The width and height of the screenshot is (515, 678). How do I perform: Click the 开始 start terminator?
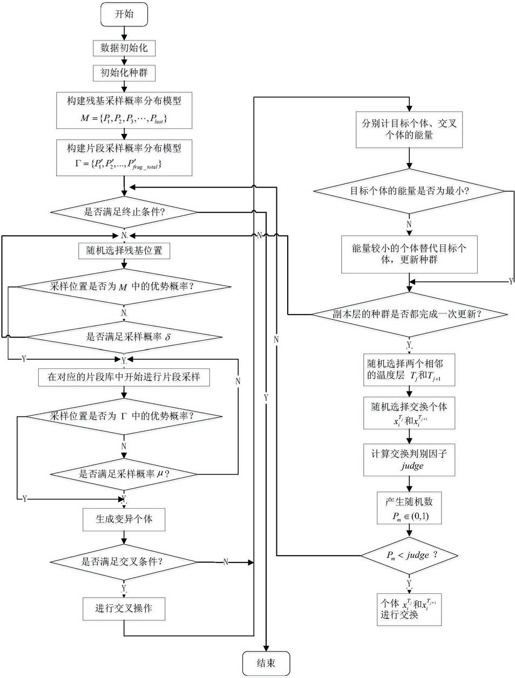point(124,14)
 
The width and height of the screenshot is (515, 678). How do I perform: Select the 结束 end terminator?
point(266,663)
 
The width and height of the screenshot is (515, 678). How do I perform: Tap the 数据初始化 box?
point(124,48)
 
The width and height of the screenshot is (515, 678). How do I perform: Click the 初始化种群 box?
point(124,73)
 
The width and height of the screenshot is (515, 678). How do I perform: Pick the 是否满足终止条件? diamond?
point(124,212)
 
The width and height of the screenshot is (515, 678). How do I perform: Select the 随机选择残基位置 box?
point(124,250)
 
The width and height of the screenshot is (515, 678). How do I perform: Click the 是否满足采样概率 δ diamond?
point(124,337)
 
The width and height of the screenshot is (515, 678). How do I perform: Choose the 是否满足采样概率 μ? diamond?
point(124,474)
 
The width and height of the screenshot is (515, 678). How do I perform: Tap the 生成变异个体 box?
point(124,519)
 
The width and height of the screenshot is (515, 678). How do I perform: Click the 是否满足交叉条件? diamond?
point(124,562)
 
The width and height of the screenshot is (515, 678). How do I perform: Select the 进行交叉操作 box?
point(124,608)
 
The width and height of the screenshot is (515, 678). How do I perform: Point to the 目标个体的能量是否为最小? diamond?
point(409,191)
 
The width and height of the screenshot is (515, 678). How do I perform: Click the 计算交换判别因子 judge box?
point(409,460)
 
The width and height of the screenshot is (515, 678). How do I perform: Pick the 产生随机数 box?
point(409,508)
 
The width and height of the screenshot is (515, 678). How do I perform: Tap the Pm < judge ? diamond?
point(409,556)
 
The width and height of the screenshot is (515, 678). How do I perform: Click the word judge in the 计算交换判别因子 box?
point(412,466)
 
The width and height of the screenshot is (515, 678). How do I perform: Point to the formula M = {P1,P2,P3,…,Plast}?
point(124,119)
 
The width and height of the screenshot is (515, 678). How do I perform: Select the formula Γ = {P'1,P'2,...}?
point(118,164)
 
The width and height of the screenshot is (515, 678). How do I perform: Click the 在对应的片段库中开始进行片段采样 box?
point(124,377)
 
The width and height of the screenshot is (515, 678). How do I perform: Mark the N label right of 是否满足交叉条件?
point(226,562)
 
